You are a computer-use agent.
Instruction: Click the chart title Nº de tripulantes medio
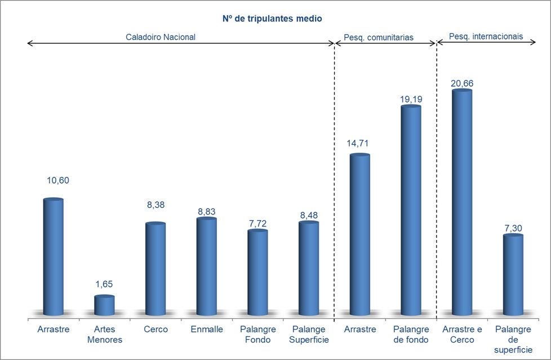(272, 19)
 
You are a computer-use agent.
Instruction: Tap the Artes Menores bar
(104, 305)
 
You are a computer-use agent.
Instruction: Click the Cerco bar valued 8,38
(155, 269)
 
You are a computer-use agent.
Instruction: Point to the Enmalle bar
(207, 266)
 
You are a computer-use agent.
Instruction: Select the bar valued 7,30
(513, 275)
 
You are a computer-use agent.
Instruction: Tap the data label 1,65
(104, 285)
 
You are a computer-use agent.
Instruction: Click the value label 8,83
(207, 211)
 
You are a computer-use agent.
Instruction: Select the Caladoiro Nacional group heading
(161, 37)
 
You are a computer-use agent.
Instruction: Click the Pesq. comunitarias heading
(379, 37)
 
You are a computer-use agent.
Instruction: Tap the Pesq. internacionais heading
(486, 37)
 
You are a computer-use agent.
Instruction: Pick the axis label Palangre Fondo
(258, 335)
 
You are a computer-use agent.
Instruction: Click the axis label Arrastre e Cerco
(462, 335)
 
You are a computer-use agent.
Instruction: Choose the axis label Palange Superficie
(309, 335)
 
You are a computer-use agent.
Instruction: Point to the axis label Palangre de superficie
(513, 340)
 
